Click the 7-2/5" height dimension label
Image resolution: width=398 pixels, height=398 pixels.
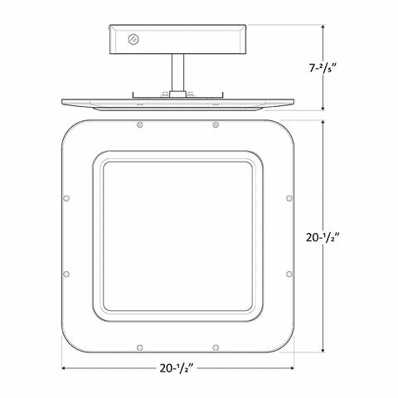tap(323, 68)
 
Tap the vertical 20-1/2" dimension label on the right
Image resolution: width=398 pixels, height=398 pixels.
tap(323, 237)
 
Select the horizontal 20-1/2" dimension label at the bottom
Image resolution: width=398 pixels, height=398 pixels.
tap(177, 368)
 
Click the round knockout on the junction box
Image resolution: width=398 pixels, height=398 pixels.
tap(133, 39)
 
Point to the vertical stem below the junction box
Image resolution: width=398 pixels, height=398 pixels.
tap(177, 73)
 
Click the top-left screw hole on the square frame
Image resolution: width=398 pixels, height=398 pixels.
tap(140, 125)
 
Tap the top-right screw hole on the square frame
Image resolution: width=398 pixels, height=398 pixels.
tap(216, 125)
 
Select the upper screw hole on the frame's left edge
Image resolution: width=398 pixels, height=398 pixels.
tap(66, 198)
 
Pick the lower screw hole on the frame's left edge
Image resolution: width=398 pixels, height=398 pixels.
tap(66, 274)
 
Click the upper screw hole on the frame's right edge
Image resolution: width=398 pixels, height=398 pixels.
tap(289, 198)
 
